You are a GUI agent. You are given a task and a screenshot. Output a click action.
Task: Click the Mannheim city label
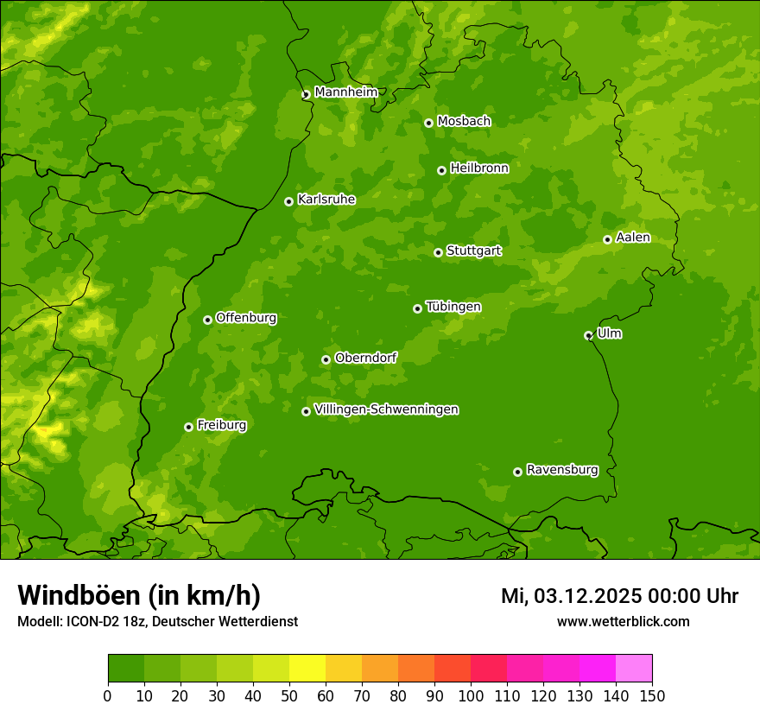pyautogui.click(x=345, y=92)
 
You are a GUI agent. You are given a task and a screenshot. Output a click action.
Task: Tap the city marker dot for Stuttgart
pyautogui.click(x=438, y=252)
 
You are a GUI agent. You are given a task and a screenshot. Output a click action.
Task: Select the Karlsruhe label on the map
pyautogui.click(x=326, y=200)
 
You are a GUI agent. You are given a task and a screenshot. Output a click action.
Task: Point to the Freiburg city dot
pyautogui.click(x=188, y=427)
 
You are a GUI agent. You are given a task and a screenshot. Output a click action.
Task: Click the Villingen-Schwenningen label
pyautogui.click(x=386, y=409)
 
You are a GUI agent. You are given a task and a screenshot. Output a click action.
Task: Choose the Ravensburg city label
pyautogui.click(x=562, y=470)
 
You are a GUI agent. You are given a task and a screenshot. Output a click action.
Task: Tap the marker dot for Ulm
pyautogui.click(x=588, y=335)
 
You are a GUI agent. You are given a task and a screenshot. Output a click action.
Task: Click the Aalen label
pyautogui.click(x=633, y=238)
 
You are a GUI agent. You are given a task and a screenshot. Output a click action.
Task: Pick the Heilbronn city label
pyautogui.click(x=479, y=168)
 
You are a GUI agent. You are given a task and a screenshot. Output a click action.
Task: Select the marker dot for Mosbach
pyautogui.click(x=428, y=123)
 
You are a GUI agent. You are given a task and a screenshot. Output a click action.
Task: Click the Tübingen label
pyautogui.click(x=453, y=307)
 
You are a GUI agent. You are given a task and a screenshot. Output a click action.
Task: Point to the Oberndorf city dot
pyautogui.click(x=326, y=359)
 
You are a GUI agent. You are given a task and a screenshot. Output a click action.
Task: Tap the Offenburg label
pyautogui.click(x=246, y=318)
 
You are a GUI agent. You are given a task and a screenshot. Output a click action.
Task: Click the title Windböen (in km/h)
pyautogui.click(x=139, y=595)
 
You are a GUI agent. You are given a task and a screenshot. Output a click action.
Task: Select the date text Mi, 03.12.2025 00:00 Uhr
pyautogui.click(x=619, y=596)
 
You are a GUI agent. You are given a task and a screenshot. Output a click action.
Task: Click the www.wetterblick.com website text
pyautogui.click(x=623, y=621)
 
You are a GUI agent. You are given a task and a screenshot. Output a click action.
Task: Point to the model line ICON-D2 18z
pyautogui.click(x=157, y=621)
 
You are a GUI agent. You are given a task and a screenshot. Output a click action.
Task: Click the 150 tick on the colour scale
pyautogui.click(x=652, y=696)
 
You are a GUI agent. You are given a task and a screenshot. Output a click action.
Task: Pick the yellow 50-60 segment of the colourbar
pyautogui.click(x=307, y=669)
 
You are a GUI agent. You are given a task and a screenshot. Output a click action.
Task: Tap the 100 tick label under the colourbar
pyautogui.click(x=471, y=696)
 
